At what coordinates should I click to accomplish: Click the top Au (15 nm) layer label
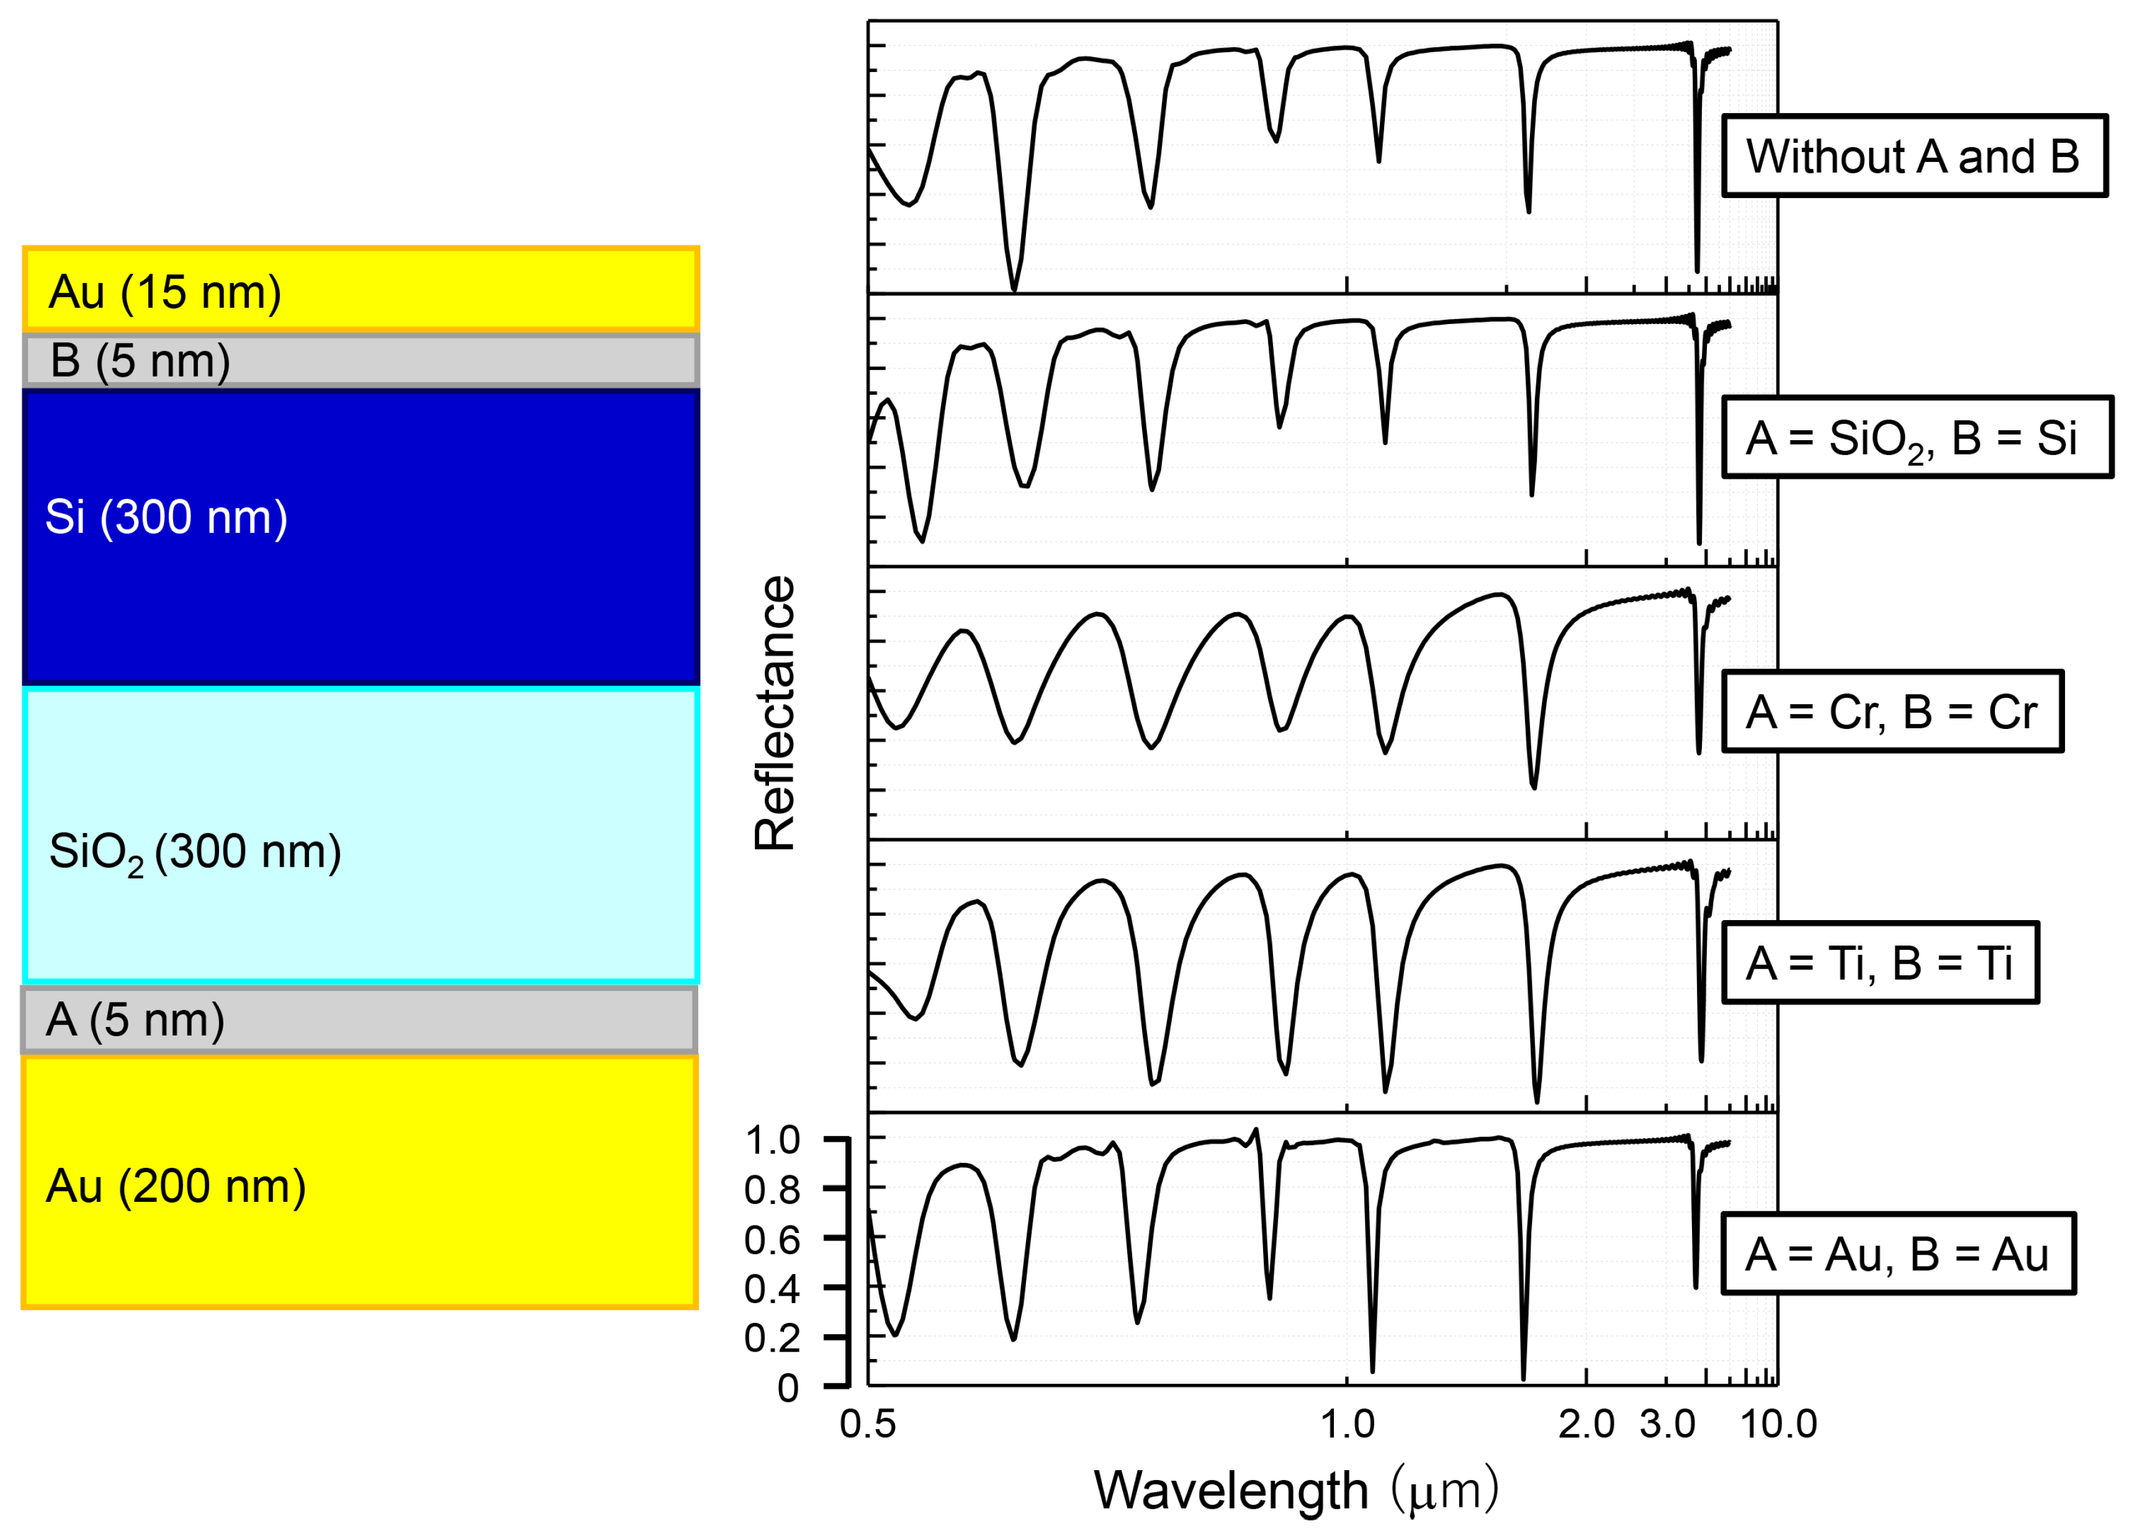(165, 292)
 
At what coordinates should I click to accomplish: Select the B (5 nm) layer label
(140, 361)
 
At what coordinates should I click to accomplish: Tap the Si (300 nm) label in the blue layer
(166, 517)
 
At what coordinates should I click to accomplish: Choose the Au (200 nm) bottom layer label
(176, 1186)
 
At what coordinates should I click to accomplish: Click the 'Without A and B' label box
(1913, 156)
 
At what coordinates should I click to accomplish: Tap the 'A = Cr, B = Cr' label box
(1891, 711)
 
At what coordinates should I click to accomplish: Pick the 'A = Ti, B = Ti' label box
(1879, 963)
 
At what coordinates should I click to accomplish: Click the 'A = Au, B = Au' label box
(1897, 1254)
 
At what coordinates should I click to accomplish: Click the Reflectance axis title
(775, 713)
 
